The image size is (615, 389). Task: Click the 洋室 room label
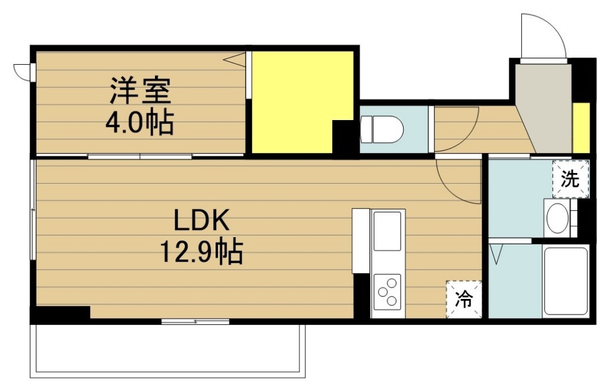140,91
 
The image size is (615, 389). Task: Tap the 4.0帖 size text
139,122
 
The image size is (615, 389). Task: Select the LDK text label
202,220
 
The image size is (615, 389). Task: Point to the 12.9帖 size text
201,251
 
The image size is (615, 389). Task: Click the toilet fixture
381,129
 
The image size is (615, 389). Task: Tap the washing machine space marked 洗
571,179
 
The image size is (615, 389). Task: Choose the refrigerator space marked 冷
464,300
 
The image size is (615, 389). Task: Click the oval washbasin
557,218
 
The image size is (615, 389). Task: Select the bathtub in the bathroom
566,281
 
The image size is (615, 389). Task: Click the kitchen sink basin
387,231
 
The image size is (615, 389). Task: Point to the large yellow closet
303,102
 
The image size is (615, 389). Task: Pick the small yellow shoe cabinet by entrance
581,128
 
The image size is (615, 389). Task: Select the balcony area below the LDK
168,351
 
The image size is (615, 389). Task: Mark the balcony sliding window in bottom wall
195,322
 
